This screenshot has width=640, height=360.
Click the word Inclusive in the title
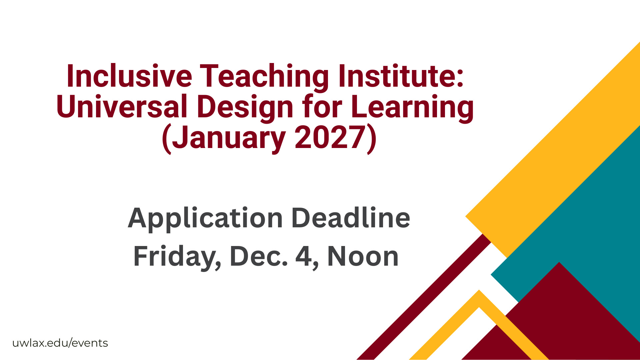coord(129,76)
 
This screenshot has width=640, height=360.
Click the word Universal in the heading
coord(122,106)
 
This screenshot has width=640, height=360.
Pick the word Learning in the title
coord(412,107)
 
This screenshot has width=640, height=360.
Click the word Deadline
coord(351,218)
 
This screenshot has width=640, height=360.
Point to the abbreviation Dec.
coord(259,256)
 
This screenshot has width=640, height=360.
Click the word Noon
coord(363,256)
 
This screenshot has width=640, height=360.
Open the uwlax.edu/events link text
coord(60,343)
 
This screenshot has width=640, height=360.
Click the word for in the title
coord(322,106)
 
